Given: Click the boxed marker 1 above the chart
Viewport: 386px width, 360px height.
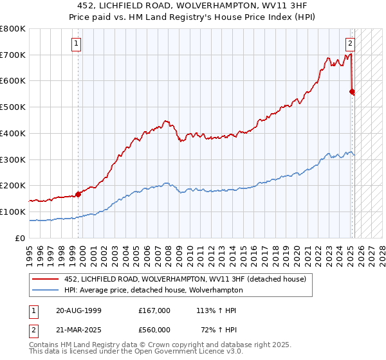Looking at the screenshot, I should point(77,44).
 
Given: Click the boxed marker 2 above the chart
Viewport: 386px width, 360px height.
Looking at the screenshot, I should point(350,44).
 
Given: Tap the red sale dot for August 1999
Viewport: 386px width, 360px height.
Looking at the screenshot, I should point(78,194).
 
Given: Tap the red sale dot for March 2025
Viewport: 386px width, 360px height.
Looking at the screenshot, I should point(352,91).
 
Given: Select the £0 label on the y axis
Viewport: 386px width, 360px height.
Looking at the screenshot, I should point(21,238).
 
